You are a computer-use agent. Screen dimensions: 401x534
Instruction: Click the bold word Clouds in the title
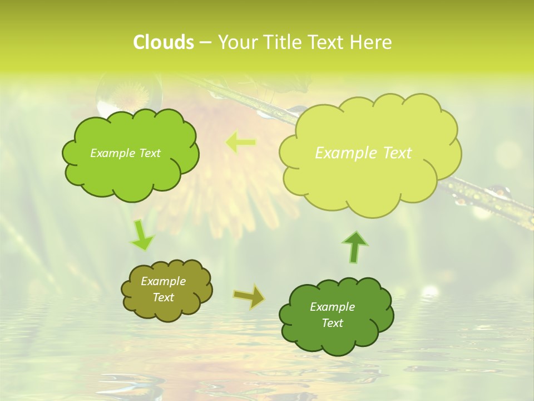pyautogui.click(x=163, y=42)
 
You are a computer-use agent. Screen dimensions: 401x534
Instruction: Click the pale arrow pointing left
pyautogui.click(x=240, y=143)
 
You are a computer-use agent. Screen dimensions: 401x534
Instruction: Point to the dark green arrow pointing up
pyautogui.click(x=355, y=247)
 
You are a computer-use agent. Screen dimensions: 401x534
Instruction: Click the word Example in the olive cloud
pyautogui.click(x=164, y=281)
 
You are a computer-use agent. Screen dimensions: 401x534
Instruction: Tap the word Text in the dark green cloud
pyautogui.click(x=333, y=323)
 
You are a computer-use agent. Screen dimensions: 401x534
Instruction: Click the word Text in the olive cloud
pyautogui.click(x=164, y=297)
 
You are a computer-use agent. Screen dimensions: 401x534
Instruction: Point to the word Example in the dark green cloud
pyautogui.click(x=332, y=307)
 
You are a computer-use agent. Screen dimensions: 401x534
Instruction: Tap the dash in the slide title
pyautogui.click(x=205, y=42)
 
